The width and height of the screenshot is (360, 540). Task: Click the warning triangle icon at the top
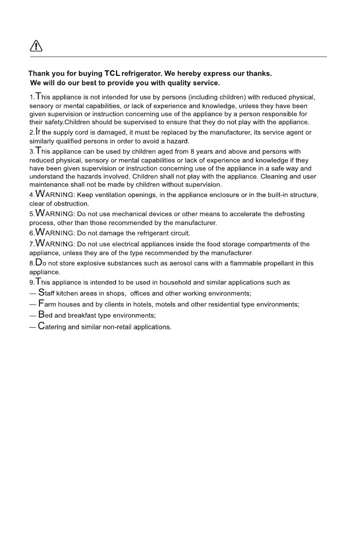tap(36, 46)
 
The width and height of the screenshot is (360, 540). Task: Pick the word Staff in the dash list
tap(46, 293)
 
